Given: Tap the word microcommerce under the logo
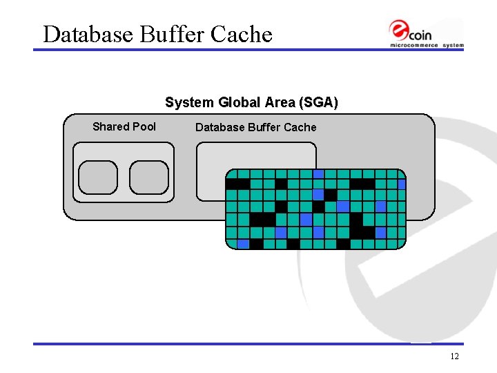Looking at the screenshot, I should point(415,46).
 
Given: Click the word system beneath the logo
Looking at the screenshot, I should point(453,46).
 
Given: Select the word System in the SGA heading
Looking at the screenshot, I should point(190,103).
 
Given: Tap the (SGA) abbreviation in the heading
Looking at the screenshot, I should point(318,103).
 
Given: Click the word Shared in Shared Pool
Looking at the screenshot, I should point(111,126).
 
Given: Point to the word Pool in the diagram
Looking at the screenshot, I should point(144,126).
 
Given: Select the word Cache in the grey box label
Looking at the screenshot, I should point(300,127).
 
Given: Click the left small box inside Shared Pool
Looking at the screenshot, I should point(98,178).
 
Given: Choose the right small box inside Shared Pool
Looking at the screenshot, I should point(149,178).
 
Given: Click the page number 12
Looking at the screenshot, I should point(454,356).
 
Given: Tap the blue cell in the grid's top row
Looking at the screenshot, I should point(318,174).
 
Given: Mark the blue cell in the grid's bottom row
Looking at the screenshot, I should point(243,244).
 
